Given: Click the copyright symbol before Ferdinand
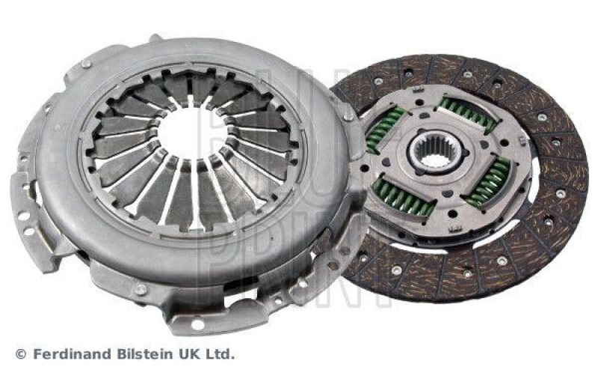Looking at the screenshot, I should click(x=20, y=353).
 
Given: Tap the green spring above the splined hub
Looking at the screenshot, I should click(x=466, y=113).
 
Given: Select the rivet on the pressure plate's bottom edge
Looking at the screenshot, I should click(x=140, y=288).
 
